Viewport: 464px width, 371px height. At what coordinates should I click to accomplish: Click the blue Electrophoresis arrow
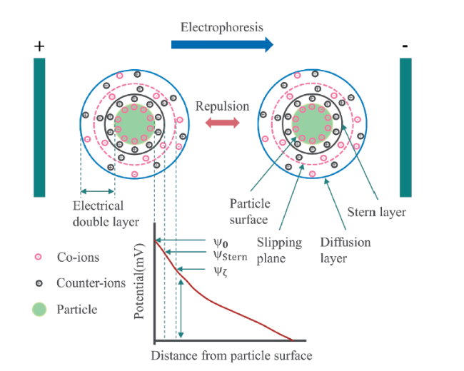pos(222,45)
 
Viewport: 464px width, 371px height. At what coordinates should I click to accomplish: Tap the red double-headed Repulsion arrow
pos(223,123)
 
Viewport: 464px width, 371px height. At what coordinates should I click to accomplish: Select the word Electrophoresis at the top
pos(222,27)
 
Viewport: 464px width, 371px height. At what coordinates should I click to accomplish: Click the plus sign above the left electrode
pos(39,46)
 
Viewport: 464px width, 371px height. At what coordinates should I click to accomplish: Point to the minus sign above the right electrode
pos(405,46)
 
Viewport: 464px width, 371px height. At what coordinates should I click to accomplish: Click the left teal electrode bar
pos(39,128)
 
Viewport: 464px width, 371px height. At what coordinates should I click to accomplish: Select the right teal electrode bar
pos(405,128)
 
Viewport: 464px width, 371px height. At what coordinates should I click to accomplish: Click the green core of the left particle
pos(134,124)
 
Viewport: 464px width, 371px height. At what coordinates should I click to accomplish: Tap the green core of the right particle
pos(312,124)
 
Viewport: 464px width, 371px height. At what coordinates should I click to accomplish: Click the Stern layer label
pos(376,212)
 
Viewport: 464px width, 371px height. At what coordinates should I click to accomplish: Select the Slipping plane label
pos(279,250)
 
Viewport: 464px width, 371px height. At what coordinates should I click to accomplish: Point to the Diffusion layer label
pos(346,250)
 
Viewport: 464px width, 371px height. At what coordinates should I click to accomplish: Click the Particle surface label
pos(250,211)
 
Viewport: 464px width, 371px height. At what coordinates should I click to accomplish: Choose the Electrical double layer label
pos(106,213)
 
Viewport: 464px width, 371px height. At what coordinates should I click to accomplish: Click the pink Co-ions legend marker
pos(38,257)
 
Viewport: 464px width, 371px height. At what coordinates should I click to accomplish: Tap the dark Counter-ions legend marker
pos(39,283)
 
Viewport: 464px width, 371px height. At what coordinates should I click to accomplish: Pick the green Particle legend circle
pos(39,310)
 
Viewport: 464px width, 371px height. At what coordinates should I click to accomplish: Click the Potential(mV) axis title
pos(139,281)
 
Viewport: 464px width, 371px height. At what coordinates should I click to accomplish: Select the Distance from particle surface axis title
pos(231,355)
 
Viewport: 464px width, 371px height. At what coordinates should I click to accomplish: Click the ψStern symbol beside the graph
pos(231,256)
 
